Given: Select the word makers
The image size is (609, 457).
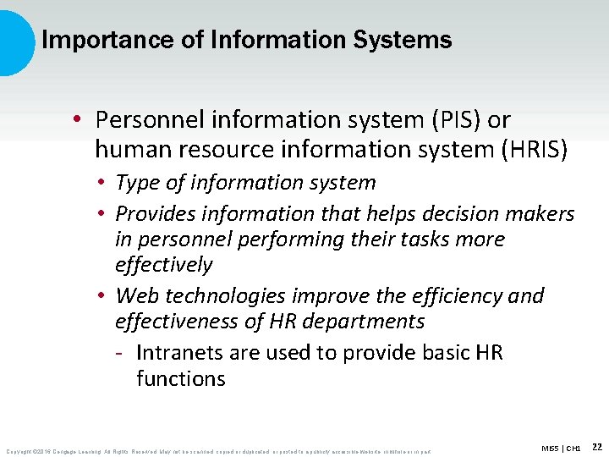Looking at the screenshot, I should coord(541,215).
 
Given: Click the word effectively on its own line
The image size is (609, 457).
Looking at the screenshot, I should coord(163,264).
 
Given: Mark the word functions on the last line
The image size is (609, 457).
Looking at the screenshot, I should coord(181,378).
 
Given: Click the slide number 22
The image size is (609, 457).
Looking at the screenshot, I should coord(596,446).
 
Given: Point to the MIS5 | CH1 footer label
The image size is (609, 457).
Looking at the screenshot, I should coord(562,447).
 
